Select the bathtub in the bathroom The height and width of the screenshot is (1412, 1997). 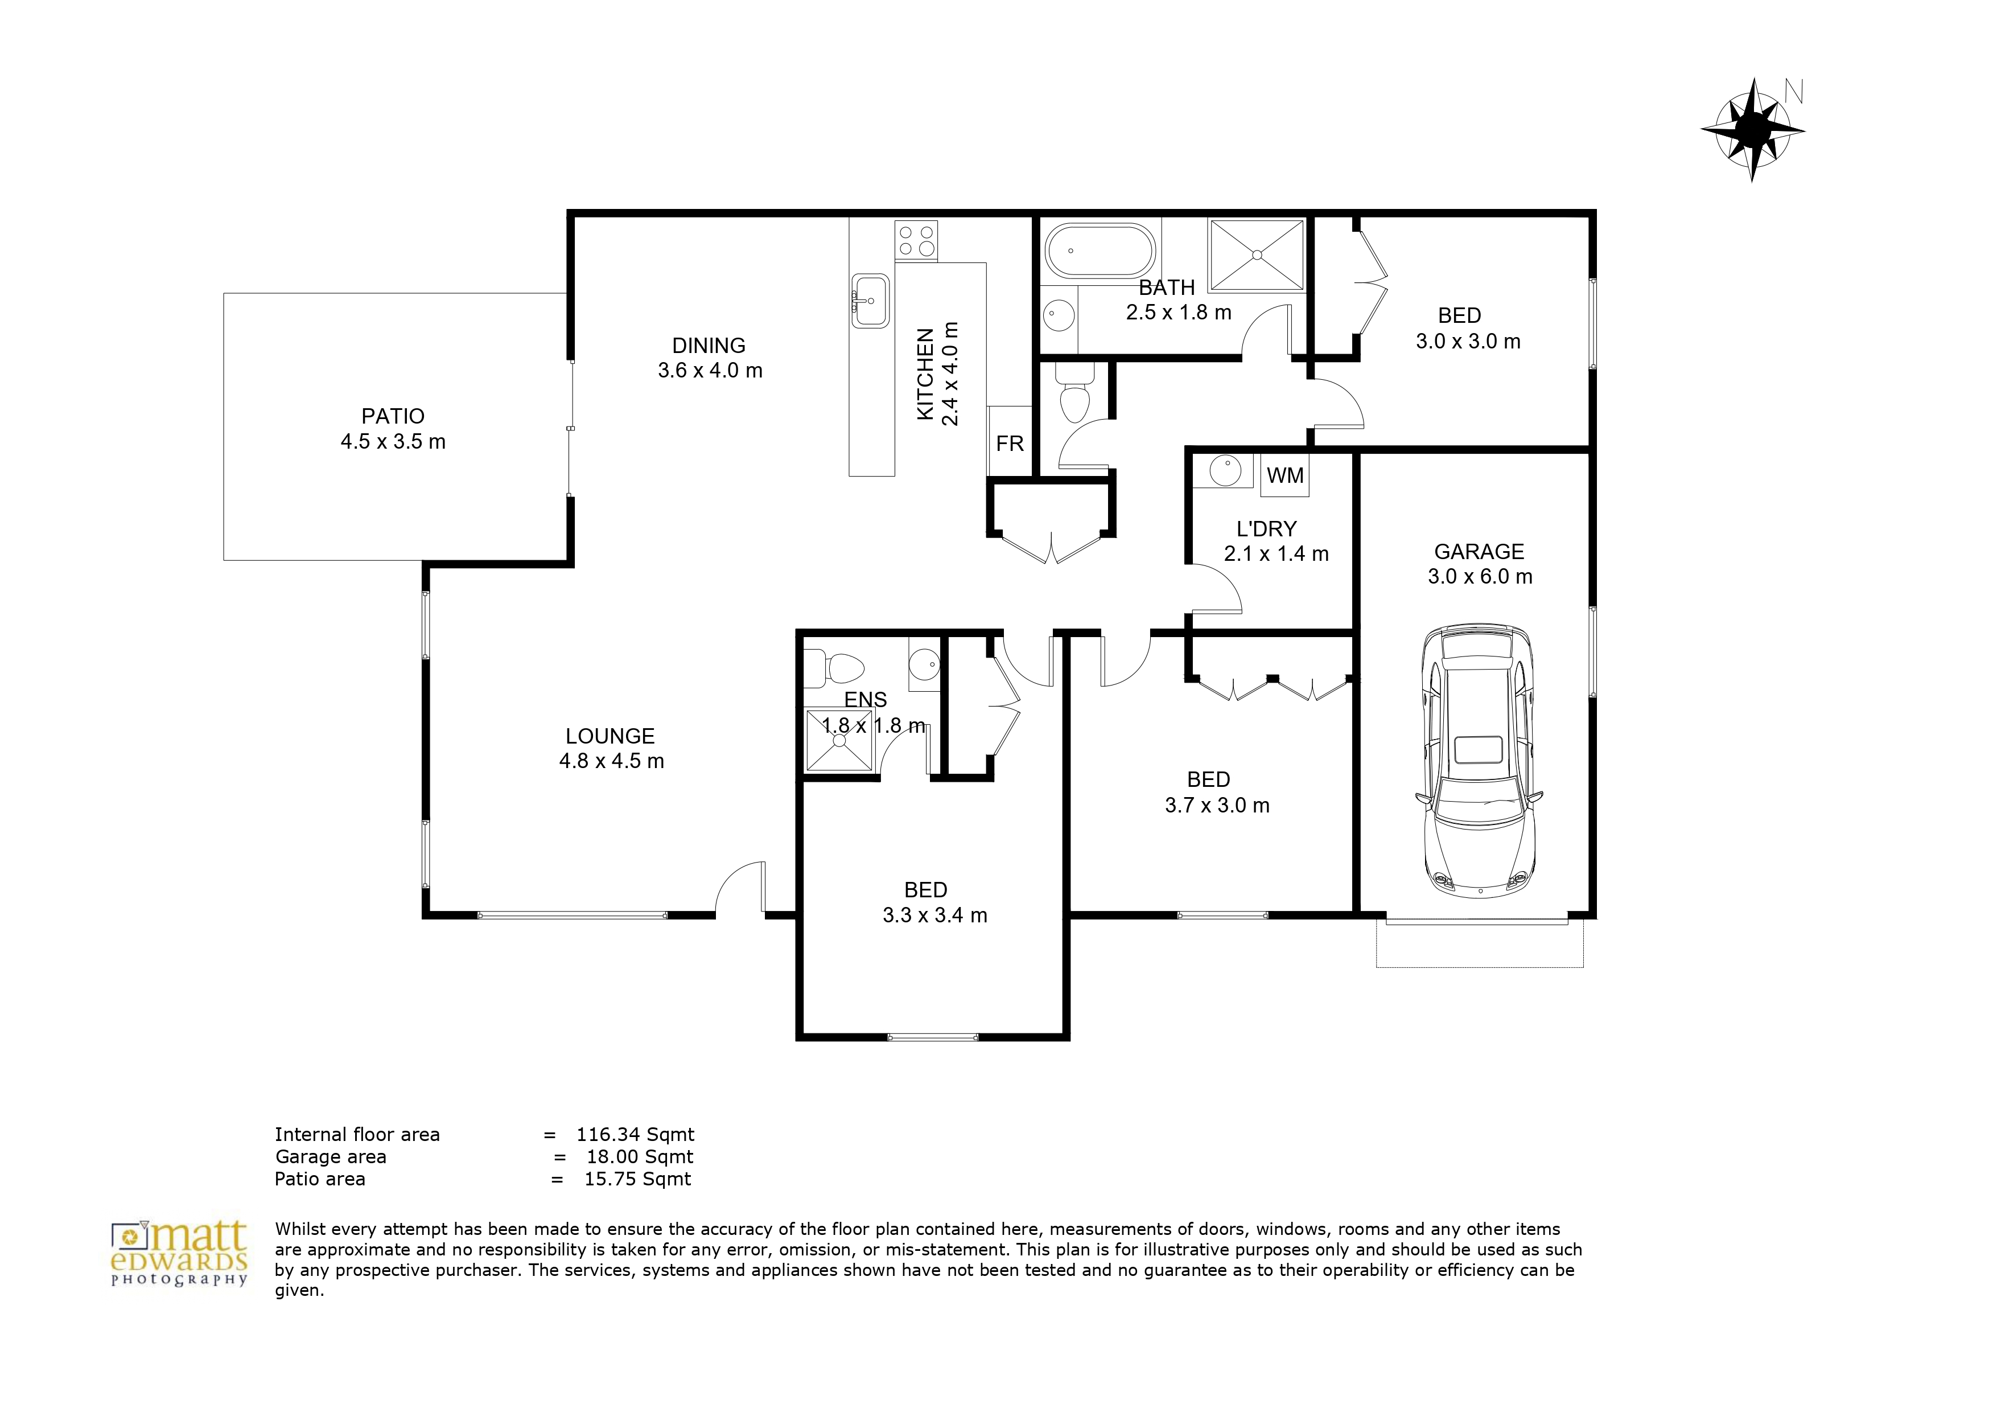[1100, 251]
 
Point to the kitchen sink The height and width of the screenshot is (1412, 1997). [870, 300]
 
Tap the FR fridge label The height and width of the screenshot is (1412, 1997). [1010, 444]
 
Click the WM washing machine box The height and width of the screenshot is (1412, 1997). [1284, 475]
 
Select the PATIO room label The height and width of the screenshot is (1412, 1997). [393, 416]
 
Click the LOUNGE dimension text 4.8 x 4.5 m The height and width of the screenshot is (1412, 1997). [611, 761]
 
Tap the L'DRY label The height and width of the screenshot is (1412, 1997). [1266, 529]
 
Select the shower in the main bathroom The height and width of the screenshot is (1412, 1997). [1257, 254]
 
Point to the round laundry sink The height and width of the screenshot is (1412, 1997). [1225, 471]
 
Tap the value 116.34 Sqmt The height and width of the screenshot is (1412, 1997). [635, 1135]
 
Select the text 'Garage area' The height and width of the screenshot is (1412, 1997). [331, 1157]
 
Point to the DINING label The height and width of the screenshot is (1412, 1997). [709, 346]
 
